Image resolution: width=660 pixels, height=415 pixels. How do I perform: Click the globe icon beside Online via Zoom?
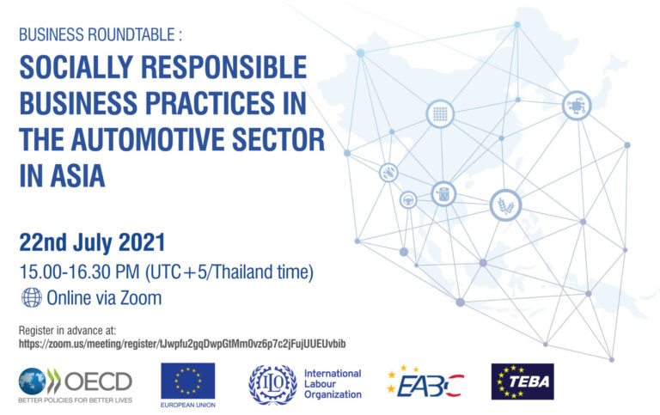coord(31,298)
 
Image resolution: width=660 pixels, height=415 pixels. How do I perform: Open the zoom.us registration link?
coord(181,344)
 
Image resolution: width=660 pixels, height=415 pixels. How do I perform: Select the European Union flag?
coord(187,380)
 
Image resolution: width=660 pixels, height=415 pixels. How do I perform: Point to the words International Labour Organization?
coord(332,383)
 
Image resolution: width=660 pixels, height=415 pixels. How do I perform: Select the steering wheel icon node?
coord(408,199)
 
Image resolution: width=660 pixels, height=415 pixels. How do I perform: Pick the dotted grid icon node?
coord(440,113)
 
